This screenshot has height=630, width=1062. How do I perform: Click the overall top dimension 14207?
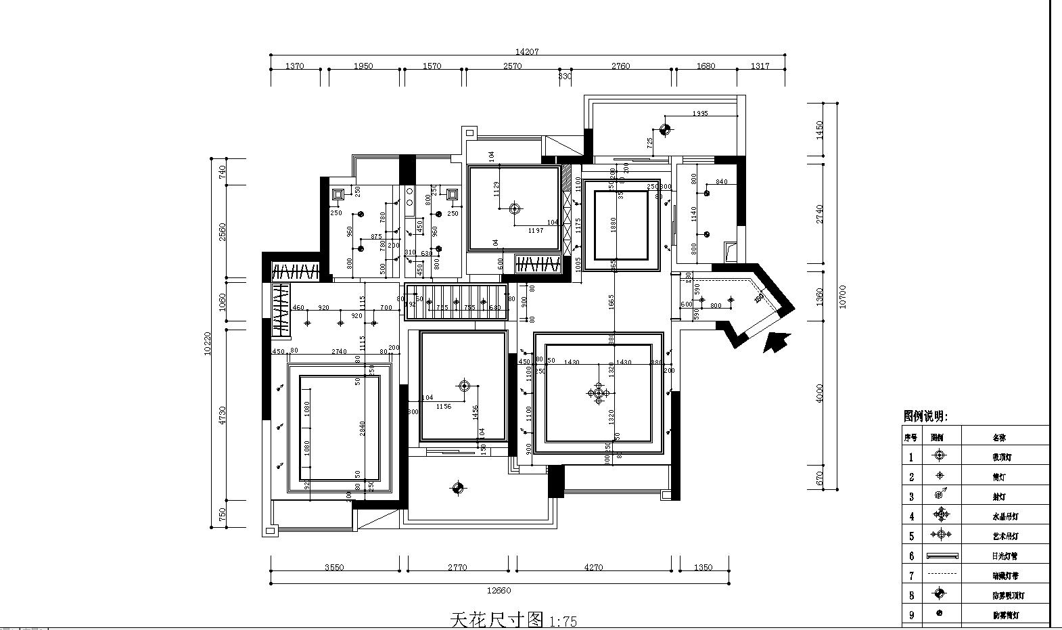(x=527, y=51)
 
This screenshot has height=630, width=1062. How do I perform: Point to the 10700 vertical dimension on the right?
(x=842, y=296)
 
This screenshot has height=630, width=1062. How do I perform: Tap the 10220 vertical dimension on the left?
(x=208, y=342)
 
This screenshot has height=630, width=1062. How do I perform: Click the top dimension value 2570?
(x=512, y=66)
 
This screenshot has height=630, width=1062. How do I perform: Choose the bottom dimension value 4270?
(x=593, y=568)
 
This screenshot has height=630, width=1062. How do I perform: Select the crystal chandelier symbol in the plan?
(x=598, y=392)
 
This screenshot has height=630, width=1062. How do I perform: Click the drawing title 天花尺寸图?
(x=497, y=619)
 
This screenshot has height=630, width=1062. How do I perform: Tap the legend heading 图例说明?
(x=925, y=417)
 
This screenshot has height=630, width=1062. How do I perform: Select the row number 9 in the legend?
(x=911, y=615)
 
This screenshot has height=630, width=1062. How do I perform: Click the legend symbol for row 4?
(x=941, y=515)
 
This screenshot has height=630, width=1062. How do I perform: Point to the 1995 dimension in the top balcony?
(x=700, y=114)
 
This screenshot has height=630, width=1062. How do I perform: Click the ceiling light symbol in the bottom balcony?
(x=457, y=487)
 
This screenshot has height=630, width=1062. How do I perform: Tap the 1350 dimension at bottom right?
(x=703, y=568)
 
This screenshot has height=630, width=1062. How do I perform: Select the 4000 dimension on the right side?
(x=821, y=393)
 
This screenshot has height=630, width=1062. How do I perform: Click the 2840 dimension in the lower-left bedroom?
(x=363, y=428)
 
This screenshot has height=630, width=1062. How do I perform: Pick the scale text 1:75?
(x=563, y=621)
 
